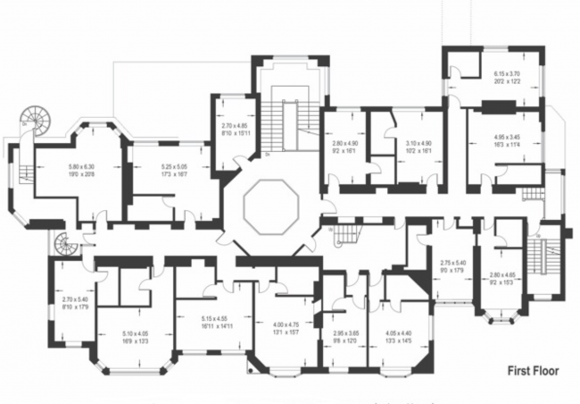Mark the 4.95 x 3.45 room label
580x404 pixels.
(x=506, y=141)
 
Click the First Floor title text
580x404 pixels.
(x=533, y=369)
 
